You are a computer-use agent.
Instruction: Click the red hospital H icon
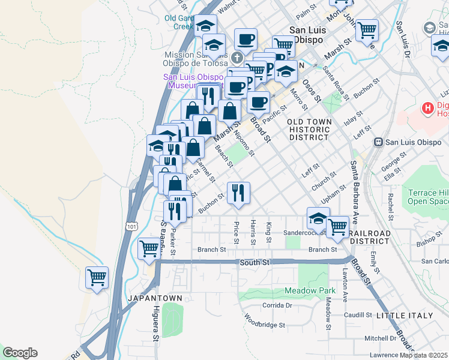[x=428, y=109]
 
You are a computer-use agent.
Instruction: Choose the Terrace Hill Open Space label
[x=428, y=197]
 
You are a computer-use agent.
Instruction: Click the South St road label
[x=255, y=262]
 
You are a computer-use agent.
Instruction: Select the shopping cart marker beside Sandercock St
[x=337, y=227]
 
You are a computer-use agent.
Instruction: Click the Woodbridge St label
[x=264, y=325]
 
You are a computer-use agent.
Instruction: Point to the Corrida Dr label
[x=277, y=305]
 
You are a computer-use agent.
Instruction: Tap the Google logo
[x=20, y=353]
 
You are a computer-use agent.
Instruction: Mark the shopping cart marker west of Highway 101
[x=97, y=277]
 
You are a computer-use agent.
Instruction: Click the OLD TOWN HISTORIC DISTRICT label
[x=309, y=129]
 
